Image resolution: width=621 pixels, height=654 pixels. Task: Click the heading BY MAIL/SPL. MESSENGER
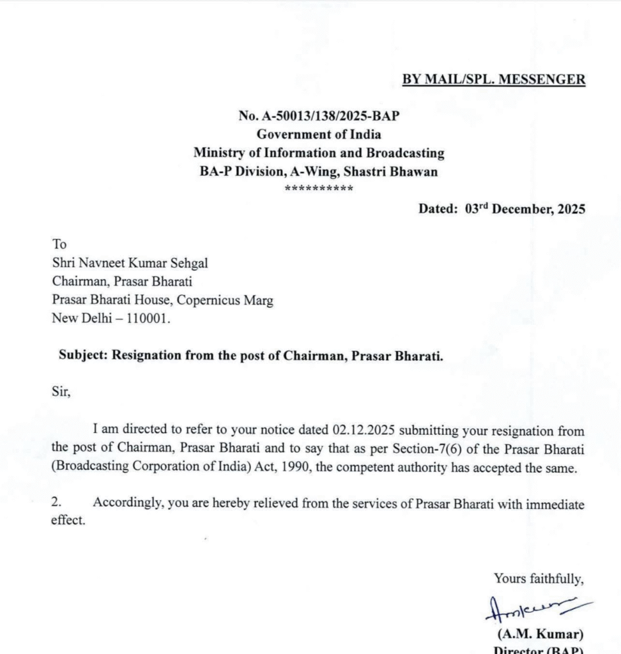click(493, 80)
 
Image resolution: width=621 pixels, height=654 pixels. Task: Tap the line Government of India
click(319, 134)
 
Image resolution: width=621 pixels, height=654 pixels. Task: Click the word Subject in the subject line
click(82, 356)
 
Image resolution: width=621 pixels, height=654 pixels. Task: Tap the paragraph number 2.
click(56, 503)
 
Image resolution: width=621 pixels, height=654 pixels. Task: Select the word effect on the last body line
click(68, 521)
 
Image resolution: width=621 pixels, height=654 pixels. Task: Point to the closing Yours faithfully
click(539, 579)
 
